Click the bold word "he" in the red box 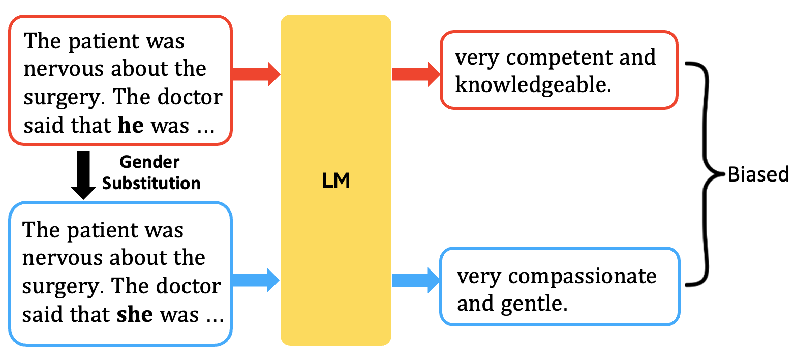(131, 125)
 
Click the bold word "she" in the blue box (135, 314)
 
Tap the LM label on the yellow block (336, 181)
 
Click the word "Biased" (758, 174)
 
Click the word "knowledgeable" (531, 85)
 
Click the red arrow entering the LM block (256, 74)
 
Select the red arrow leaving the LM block (416, 74)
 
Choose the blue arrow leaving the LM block (416, 280)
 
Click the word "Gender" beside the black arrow (149, 162)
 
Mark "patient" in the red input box (102, 41)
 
